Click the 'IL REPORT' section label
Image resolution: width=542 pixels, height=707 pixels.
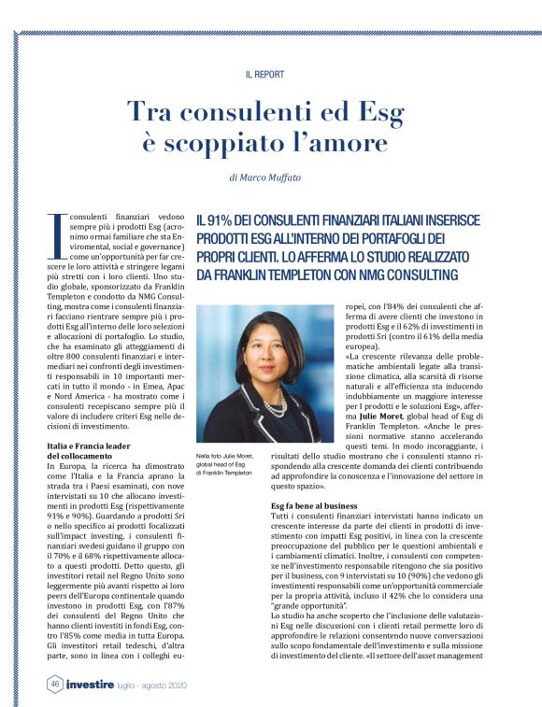(264, 74)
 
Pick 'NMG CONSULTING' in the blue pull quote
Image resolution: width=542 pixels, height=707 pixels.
(403, 276)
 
